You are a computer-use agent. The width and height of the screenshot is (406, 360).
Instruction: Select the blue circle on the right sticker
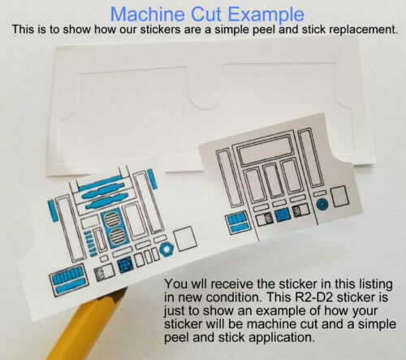[322, 206]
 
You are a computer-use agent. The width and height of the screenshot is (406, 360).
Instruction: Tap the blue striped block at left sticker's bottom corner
[67, 280]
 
